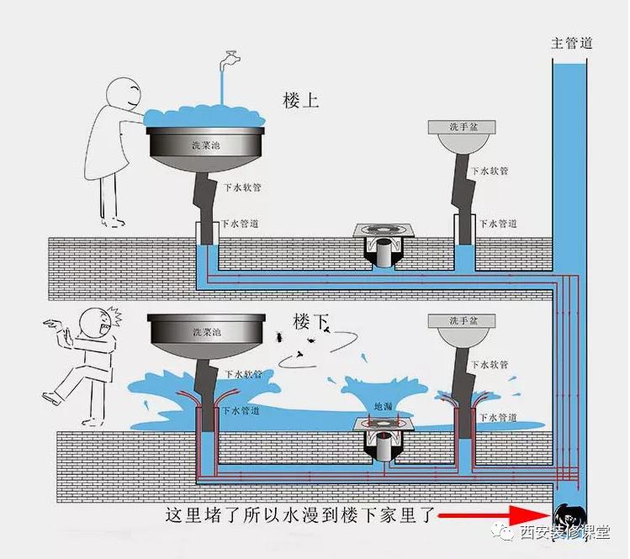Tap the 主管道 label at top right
pos(571,43)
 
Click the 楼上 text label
pos(300,100)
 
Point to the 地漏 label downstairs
pos(383,406)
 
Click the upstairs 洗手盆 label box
pos(462,127)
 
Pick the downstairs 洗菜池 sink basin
pos(207,334)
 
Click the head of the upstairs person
pos(126,95)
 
